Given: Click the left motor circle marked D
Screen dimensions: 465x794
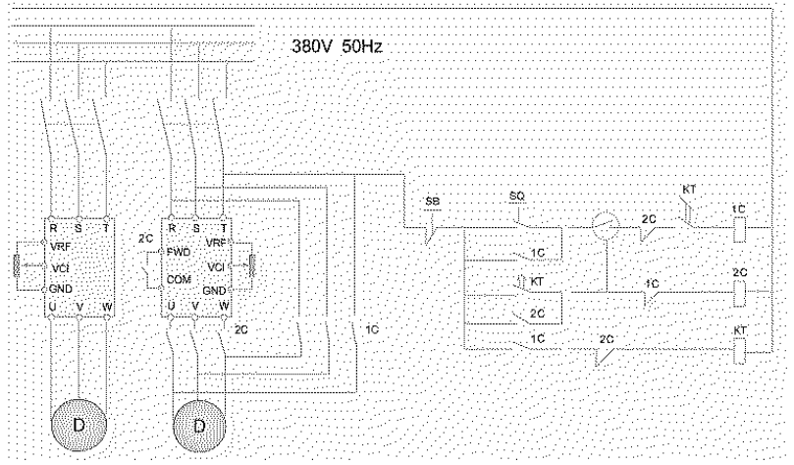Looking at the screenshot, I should (78, 427).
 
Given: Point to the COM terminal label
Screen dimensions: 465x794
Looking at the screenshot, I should (178, 278).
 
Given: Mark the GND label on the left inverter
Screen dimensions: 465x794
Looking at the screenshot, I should (60, 288).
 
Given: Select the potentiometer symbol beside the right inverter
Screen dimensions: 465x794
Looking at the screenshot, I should (252, 265).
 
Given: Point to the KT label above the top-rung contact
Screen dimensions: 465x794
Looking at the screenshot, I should (688, 188).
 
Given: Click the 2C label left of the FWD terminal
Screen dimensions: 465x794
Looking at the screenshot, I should (146, 239).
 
